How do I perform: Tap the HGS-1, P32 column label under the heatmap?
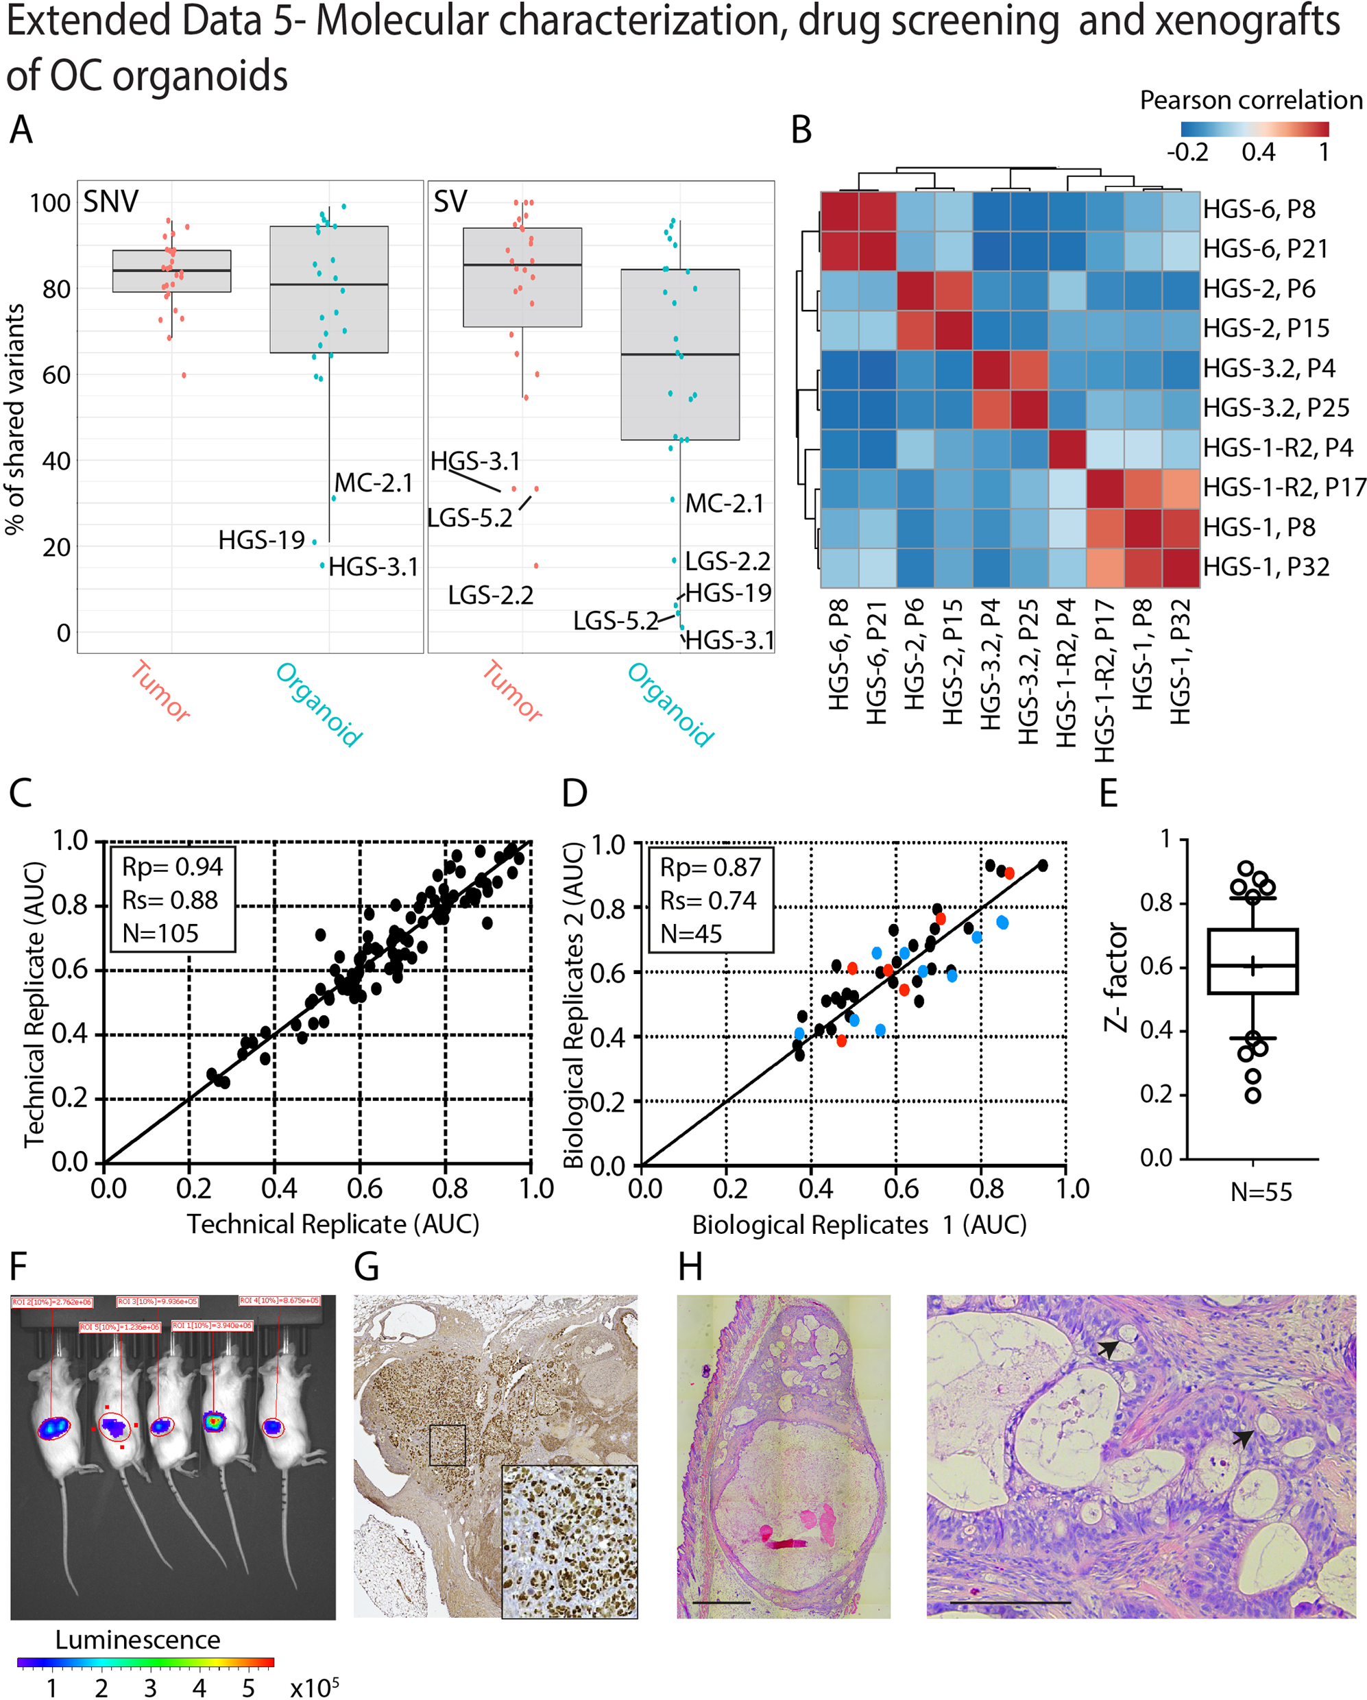click(x=1179, y=661)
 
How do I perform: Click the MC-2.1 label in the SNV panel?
click(x=373, y=483)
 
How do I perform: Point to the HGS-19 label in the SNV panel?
click(x=261, y=540)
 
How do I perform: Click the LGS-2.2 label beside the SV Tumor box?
click(x=490, y=595)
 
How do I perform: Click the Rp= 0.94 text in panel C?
click(x=172, y=866)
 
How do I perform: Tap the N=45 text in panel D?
click(x=690, y=934)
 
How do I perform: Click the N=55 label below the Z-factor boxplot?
click(x=1261, y=1191)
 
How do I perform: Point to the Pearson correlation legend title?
click(x=1250, y=100)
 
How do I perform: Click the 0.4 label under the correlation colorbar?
click(x=1257, y=152)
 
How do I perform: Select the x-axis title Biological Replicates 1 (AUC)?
click(x=858, y=1224)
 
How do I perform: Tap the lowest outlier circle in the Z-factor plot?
click(x=1252, y=1095)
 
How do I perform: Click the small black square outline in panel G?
click(x=447, y=1444)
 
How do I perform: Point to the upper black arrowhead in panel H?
click(x=1109, y=1350)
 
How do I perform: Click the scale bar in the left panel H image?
click(x=722, y=1602)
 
